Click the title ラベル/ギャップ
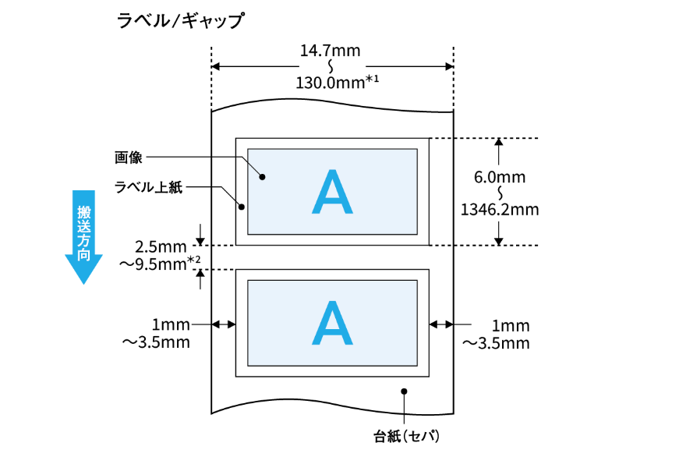coord(180,20)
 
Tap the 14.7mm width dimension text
coord(330,51)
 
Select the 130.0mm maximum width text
coord(337,83)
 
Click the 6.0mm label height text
coord(500,177)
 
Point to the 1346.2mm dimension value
coord(500,210)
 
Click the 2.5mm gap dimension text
coord(161,247)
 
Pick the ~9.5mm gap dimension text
coord(160,264)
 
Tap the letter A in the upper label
coord(333,192)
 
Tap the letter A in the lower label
coord(333,323)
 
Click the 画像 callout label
coord(128,158)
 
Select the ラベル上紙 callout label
coord(148,187)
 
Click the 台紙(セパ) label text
coord(407,436)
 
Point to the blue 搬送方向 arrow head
coord(83,269)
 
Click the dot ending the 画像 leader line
coord(263,177)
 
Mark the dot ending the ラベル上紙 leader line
coord(242,207)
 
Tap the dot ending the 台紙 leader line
coord(405,391)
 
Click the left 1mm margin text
coord(171,324)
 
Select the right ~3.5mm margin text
coord(496,343)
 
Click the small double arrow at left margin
coord(224,324)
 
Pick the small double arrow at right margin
coord(441,324)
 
